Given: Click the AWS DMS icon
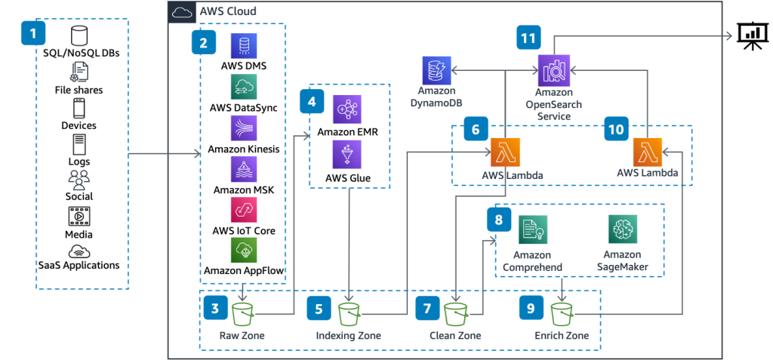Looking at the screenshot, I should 244,47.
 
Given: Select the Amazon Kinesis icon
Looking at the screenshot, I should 244,128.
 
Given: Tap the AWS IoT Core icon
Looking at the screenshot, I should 244,211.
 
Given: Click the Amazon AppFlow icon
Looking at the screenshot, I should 244,251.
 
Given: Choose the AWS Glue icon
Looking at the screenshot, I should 347,155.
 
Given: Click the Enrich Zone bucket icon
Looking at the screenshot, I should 562,313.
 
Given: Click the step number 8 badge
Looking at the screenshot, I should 498,220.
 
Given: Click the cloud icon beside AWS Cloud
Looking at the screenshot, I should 183,12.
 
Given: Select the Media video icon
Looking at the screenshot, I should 79,216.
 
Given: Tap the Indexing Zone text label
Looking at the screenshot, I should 348,336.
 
